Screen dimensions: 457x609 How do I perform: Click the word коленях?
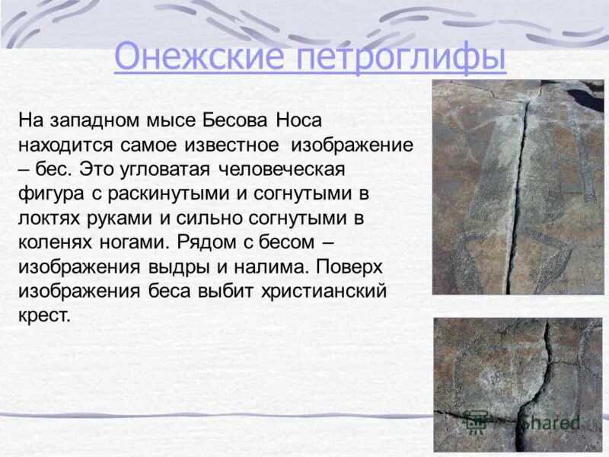click(52, 242)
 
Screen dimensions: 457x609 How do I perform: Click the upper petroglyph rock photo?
click(518, 187)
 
